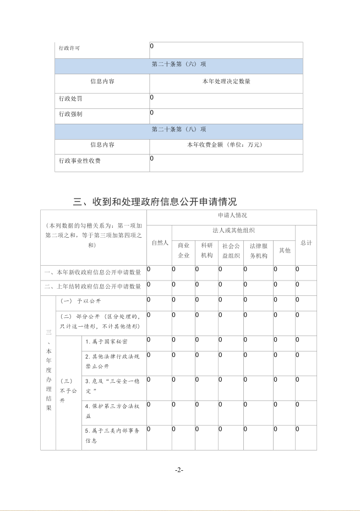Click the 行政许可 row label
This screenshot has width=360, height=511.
click(x=69, y=48)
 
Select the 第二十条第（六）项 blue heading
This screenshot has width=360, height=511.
click(x=179, y=64)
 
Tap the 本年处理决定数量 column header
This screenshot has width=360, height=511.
click(x=226, y=81)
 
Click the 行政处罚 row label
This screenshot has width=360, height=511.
click(x=69, y=99)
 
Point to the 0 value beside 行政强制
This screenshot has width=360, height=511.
click(x=152, y=113)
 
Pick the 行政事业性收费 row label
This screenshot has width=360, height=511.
click(x=80, y=161)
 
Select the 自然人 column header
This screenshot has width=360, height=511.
click(x=159, y=243)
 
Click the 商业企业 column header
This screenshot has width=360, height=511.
click(x=183, y=250)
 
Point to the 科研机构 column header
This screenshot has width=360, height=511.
click(x=206, y=250)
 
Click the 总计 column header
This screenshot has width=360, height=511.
click(x=306, y=243)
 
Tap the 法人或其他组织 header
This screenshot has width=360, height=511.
click(x=233, y=230)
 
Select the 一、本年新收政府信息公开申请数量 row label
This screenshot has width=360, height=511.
click(x=93, y=273)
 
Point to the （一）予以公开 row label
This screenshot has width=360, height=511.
click(x=81, y=301)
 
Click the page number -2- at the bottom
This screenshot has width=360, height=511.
click(x=179, y=470)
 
